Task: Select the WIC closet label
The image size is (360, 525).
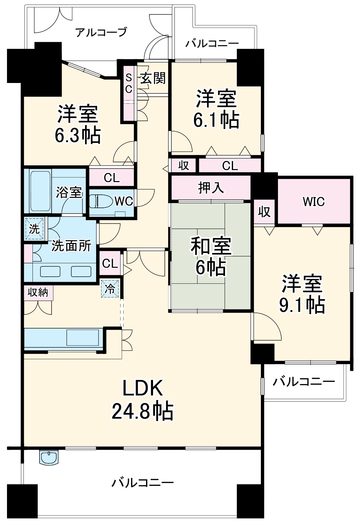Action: [x=313, y=201]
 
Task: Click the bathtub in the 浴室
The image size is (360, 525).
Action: [x=40, y=191]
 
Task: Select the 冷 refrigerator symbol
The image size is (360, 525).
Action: [x=110, y=288]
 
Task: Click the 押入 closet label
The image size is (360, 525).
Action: [x=211, y=188]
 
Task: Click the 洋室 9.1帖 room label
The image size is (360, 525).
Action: [x=302, y=294]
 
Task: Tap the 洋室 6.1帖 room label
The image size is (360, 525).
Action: [x=216, y=109]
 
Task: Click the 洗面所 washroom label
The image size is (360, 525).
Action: [x=71, y=246]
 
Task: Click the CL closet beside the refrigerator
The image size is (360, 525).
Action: [x=110, y=264]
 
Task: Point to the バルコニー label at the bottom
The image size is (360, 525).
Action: [x=143, y=483]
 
